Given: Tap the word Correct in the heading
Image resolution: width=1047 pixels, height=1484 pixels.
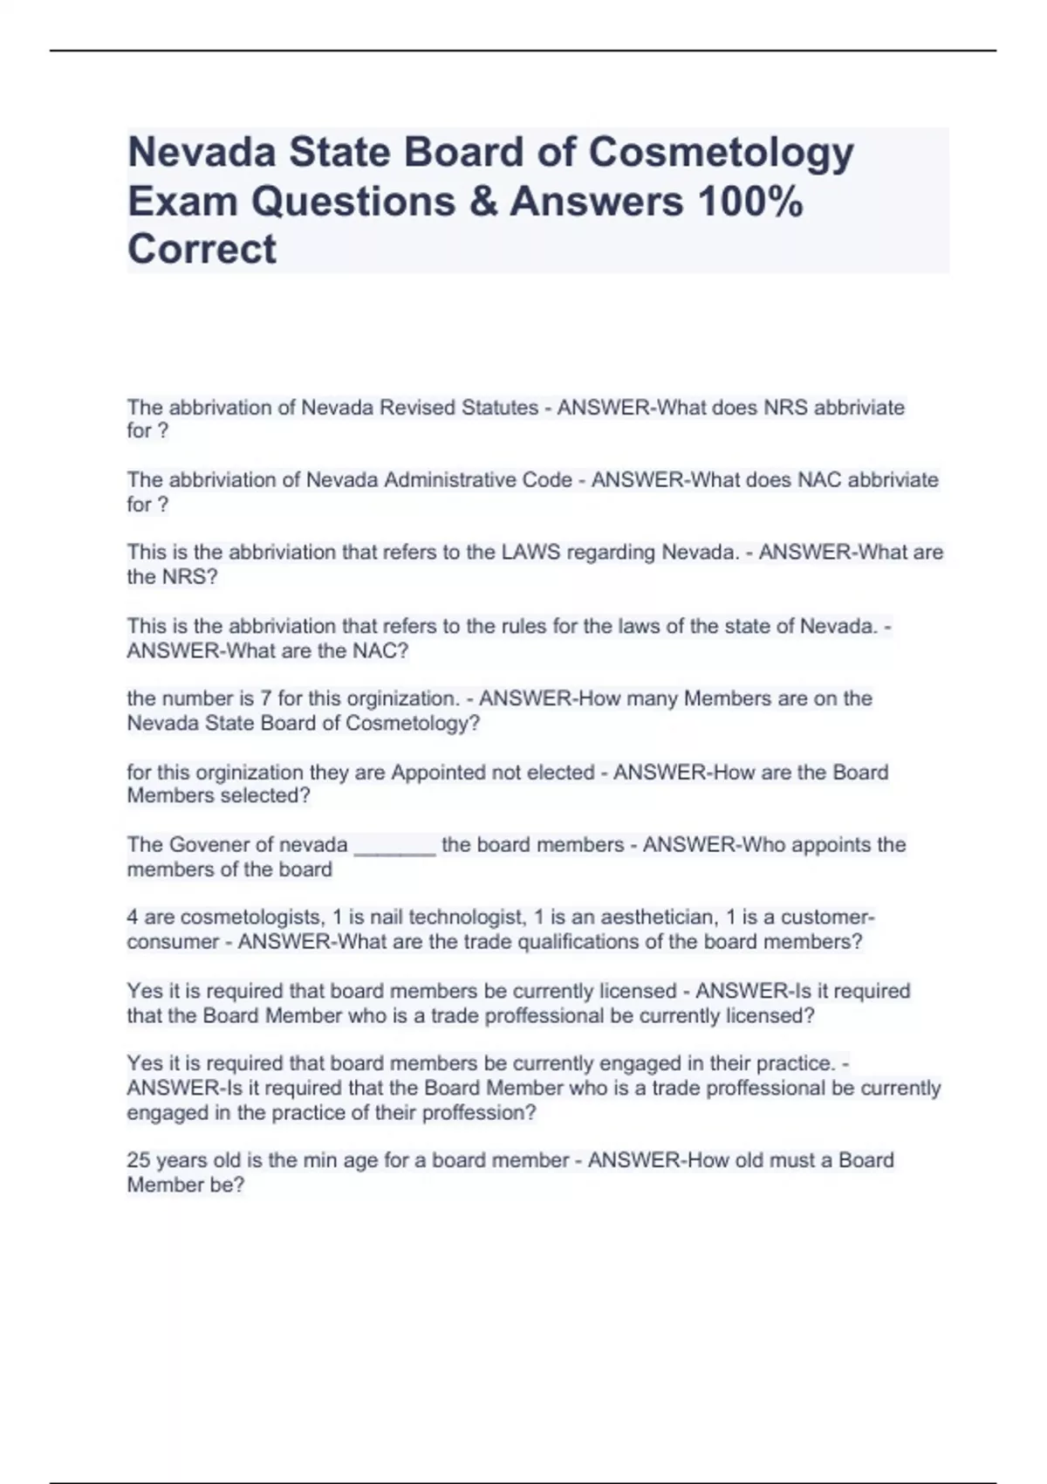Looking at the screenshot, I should pos(202,250).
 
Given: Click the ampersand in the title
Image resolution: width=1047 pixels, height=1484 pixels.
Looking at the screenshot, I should pos(482,201).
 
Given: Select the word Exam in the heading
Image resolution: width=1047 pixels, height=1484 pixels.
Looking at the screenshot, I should pos(182,201).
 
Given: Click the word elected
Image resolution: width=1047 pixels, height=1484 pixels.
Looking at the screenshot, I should pos(561,773).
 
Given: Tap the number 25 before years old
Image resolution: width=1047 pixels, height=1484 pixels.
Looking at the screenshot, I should pos(138,1160).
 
